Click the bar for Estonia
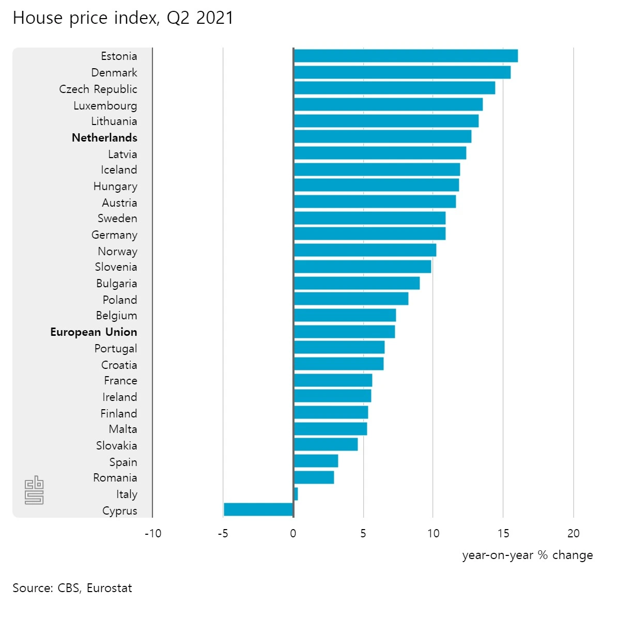[406, 56]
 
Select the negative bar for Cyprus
[258, 509]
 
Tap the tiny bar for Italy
[296, 494]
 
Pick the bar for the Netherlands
[382, 136]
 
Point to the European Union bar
[344, 332]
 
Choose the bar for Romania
[314, 477]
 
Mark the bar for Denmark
[402, 72]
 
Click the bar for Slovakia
[326, 444]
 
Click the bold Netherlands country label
[104, 137]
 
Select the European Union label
[94, 332]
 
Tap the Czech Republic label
[98, 89]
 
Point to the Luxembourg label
[105, 105]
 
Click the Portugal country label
[116, 348]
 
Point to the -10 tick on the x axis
[153, 533]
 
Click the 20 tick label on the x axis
[574, 533]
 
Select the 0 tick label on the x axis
[293, 533]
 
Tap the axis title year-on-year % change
[528, 555]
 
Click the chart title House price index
[123, 18]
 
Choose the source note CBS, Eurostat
[72, 588]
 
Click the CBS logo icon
[34, 490]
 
